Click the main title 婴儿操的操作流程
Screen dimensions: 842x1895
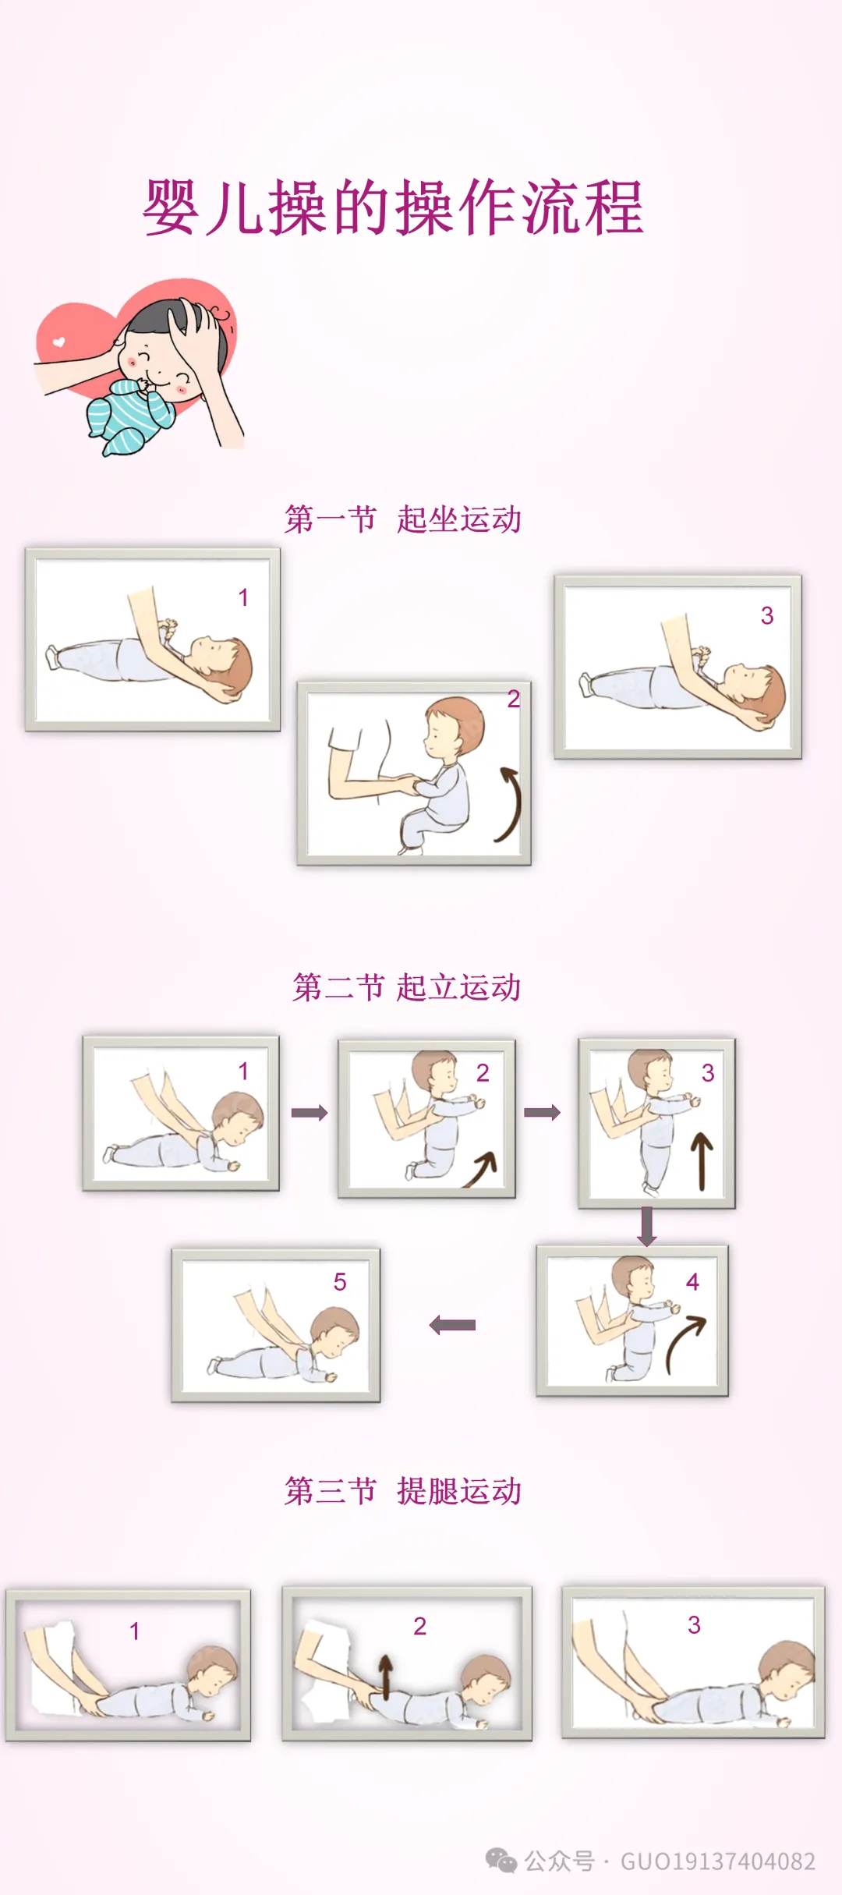[x=393, y=207]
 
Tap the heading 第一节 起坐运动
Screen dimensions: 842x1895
[x=403, y=519]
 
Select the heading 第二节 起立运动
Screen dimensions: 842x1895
[x=406, y=987]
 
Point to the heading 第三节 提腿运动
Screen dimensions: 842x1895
[x=403, y=1491]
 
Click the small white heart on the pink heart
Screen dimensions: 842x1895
[x=58, y=342]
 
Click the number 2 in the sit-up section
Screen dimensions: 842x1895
[x=513, y=699]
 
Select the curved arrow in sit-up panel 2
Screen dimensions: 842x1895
[x=511, y=803]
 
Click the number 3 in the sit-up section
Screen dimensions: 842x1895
[x=767, y=615]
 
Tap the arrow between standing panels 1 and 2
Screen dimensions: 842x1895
[x=310, y=1112]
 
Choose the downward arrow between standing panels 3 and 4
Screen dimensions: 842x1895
[x=647, y=1227]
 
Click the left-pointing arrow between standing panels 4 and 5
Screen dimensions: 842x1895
[x=452, y=1324]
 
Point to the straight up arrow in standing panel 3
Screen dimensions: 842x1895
[x=702, y=1162]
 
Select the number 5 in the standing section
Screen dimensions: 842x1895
[x=340, y=1282]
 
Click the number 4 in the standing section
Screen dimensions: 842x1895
[x=692, y=1281]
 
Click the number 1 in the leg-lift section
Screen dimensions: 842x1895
[x=135, y=1631]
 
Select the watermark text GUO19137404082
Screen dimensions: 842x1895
[x=718, y=1861]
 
